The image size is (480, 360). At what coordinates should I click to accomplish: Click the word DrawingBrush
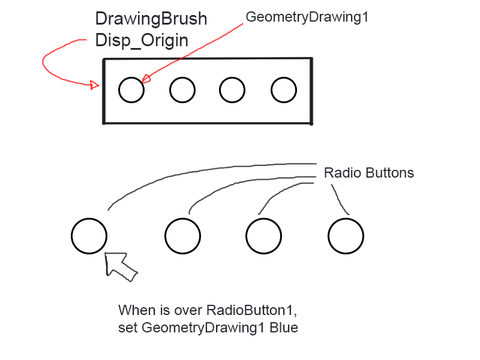(151, 19)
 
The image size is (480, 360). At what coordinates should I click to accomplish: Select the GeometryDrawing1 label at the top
(307, 17)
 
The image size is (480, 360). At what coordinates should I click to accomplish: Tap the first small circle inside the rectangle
(131, 91)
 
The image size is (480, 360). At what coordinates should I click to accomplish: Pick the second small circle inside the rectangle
(182, 91)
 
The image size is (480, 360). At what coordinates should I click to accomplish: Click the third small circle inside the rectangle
(232, 91)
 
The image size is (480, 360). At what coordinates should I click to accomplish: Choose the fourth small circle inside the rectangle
(284, 91)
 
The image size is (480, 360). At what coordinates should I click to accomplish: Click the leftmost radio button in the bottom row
(89, 236)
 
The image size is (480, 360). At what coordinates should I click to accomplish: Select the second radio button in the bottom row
(183, 236)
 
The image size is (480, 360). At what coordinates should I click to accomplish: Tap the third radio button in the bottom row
(265, 236)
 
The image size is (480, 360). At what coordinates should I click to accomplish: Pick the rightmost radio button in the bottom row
(346, 236)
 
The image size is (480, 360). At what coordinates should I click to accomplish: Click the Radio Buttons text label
(368, 173)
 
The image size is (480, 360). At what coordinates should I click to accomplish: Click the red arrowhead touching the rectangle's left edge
(95, 85)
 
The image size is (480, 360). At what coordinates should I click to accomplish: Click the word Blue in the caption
(284, 328)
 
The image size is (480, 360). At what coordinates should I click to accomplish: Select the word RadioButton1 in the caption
(252, 311)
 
